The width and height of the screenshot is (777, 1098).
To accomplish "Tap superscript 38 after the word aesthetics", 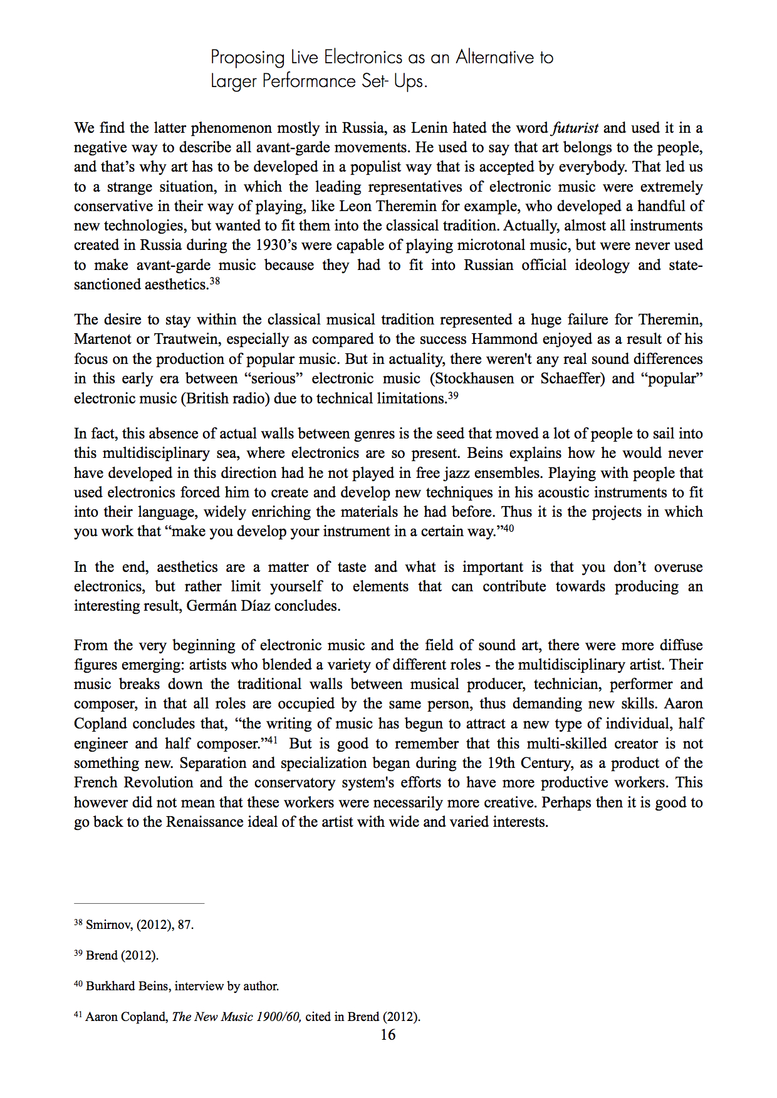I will pos(215,281).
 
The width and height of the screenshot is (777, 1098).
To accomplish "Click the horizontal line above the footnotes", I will pos(139,904).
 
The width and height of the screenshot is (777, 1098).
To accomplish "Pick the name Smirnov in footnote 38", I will pos(107,925).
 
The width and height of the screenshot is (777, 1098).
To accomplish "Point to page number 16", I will pos(388,1035).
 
